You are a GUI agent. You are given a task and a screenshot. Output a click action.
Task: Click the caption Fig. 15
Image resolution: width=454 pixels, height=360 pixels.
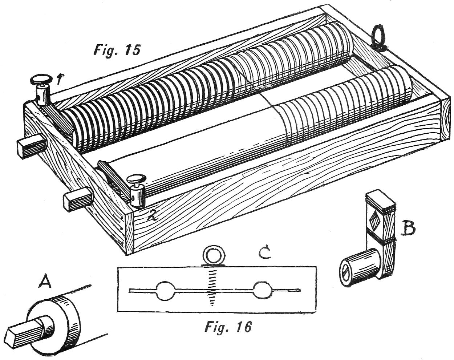coord(117,49)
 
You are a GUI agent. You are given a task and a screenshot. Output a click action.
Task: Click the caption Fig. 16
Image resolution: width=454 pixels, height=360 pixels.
coord(228,327)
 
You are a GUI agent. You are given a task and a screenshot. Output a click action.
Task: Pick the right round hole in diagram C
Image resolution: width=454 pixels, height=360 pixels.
coord(262,290)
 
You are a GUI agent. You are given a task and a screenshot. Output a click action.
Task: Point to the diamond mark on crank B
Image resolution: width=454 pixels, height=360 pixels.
coord(374,220)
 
